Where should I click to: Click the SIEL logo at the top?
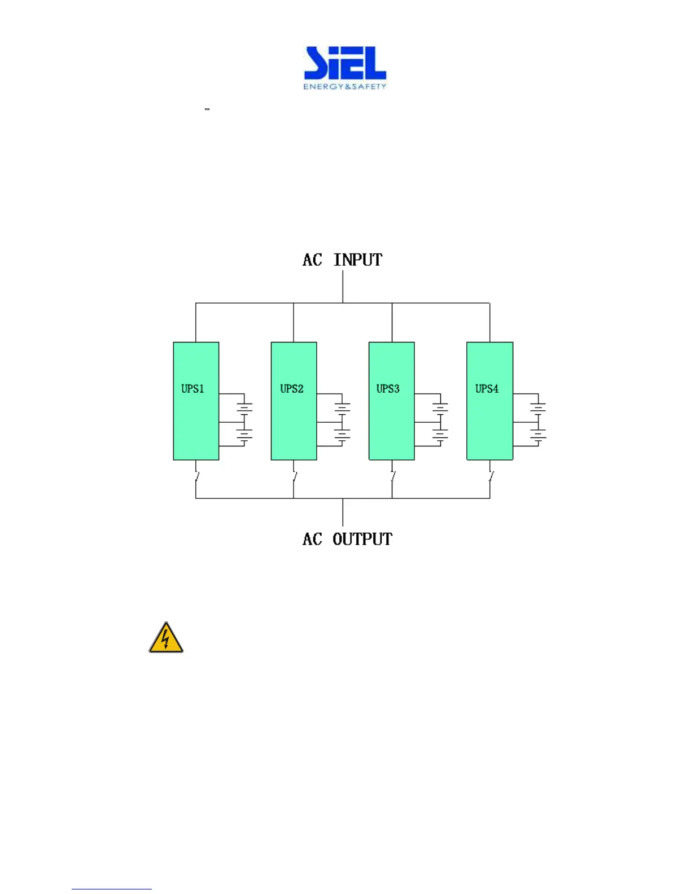(x=345, y=63)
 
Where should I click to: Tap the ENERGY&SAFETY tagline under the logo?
(x=345, y=87)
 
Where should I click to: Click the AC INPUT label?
(x=342, y=260)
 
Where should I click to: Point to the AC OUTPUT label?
(x=347, y=540)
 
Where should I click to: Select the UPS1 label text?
(x=193, y=389)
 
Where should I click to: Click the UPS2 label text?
(x=292, y=389)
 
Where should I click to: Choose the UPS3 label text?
(x=388, y=389)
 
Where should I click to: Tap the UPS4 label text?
(x=487, y=389)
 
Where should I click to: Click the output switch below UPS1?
(x=196, y=476)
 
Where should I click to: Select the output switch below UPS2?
(x=294, y=476)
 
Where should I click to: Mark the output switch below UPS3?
(x=392, y=476)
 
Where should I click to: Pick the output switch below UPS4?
(x=491, y=476)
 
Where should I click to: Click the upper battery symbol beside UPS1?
(x=244, y=407)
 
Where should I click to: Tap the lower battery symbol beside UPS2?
(x=342, y=435)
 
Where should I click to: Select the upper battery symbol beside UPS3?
(x=440, y=407)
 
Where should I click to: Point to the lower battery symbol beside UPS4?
(x=538, y=435)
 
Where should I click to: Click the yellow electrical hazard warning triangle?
(x=166, y=639)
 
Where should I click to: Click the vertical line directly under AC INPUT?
(x=343, y=287)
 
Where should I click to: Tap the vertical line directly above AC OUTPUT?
(x=343, y=512)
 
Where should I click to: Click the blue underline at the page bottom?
(x=112, y=889)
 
